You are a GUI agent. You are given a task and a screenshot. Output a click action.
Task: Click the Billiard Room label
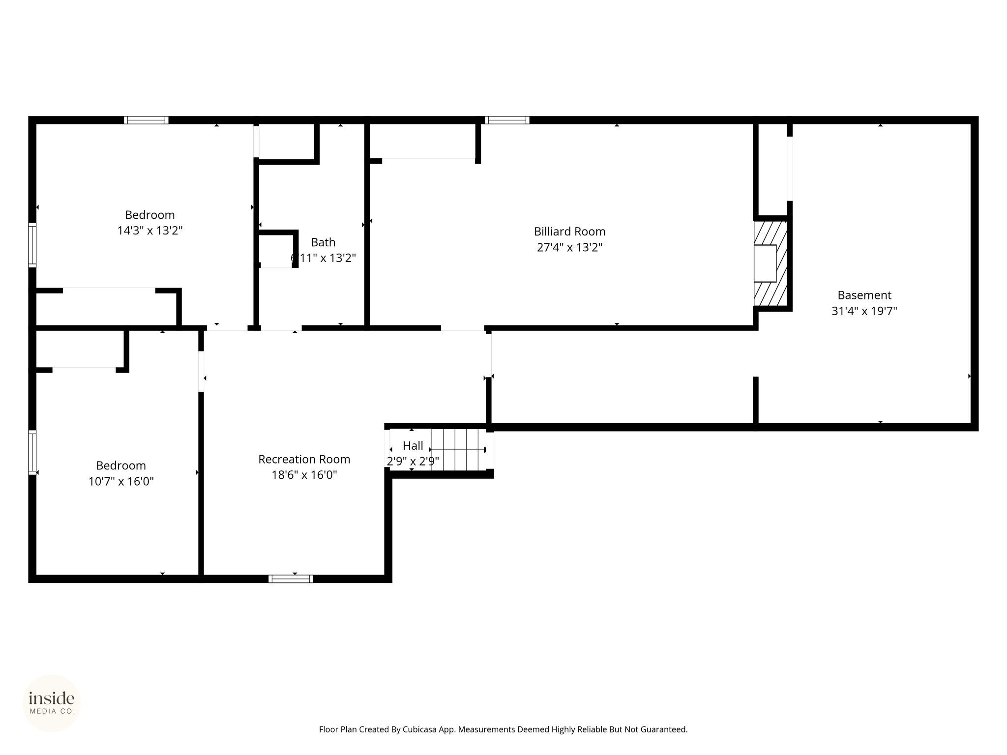tap(569, 232)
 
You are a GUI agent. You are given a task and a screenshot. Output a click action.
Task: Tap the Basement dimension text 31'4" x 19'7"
tap(864, 311)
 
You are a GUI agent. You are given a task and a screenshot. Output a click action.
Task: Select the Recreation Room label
tap(304, 459)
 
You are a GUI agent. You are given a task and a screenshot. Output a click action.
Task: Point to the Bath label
tap(323, 242)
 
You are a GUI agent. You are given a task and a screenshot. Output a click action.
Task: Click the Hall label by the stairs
tap(413, 446)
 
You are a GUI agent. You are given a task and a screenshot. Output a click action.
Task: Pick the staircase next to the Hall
tap(458, 450)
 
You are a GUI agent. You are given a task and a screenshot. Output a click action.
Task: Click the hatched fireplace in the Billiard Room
tap(770, 263)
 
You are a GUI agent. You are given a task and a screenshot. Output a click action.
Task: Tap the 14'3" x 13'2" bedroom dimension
tap(150, 231)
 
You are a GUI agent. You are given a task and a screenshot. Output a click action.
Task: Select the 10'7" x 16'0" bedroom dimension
tap(121, 481)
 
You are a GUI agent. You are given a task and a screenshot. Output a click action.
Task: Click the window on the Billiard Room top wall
tap(507, 120)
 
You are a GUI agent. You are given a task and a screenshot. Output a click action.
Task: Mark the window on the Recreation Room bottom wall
tap(291, 579)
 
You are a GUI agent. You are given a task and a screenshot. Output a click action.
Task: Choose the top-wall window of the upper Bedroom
tap(146, 120)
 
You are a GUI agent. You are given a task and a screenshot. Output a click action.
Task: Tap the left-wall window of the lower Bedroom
tap(32, 452)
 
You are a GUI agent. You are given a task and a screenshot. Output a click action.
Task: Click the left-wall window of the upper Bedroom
tap(32, 245)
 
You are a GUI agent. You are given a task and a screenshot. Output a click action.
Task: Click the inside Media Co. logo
tap(52, 703)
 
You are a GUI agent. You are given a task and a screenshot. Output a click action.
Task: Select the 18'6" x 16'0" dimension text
tap(304, 475)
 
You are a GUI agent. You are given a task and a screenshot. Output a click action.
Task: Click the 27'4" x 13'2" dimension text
tap(569, 247)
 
